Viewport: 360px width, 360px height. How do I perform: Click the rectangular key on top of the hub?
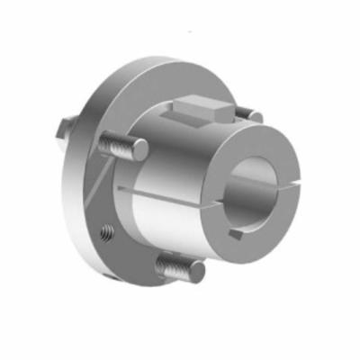coord(202,110)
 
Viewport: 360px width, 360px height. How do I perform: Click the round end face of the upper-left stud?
coord(142,148)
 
